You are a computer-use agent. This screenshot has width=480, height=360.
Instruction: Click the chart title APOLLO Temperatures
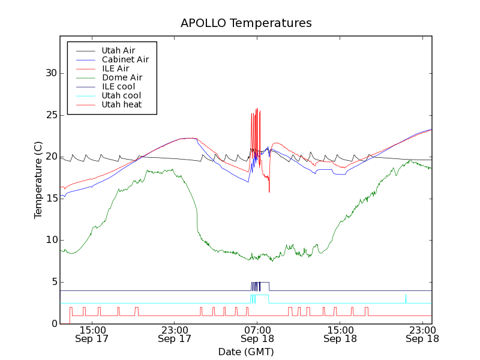pyautogui.click(x=246, y=23)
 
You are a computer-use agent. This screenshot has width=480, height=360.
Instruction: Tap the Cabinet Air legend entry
pyautogui.click(x=125, y=59)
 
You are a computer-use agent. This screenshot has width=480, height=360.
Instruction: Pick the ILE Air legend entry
pyautogui.click(x=115, y=68)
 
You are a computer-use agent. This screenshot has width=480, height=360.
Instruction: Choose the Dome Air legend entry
pyautogui.click(x=122, y=77)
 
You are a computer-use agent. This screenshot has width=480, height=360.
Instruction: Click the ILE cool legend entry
pyautogui.click(x=118, y=86)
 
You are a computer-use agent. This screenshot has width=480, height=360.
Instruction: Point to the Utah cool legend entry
pyautogui.click(x=121, y=95)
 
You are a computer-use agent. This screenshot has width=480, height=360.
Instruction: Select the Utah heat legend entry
pyautogui.click(x=122, y=104)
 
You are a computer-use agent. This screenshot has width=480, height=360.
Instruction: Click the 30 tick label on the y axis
pyautogui.click(x=52, y=73)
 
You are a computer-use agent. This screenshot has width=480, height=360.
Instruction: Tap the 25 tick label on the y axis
pyautogui.click(x=52, y=115)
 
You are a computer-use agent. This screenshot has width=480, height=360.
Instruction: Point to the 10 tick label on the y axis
pyautogui.click(x=52, y=240)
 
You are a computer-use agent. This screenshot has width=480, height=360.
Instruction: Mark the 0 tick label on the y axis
pyautogui.click(x=55, y=324)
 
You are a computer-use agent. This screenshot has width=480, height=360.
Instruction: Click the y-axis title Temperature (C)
pyautogui.click(x=38, y=180)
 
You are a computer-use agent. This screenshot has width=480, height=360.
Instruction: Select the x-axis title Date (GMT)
pyautogui.click(x=246, y=351)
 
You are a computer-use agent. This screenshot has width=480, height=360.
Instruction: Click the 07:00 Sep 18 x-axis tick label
pyautogui.click(x=257, y=334)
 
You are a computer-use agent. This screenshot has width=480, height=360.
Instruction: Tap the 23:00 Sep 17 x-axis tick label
pyautogui.click(x=175, y=334)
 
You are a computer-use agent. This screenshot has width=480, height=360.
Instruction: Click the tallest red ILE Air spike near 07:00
pyautogui.click(x=257, y=109)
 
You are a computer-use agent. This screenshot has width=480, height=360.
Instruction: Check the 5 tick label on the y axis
pyautogui.click(x=55, y=282)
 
